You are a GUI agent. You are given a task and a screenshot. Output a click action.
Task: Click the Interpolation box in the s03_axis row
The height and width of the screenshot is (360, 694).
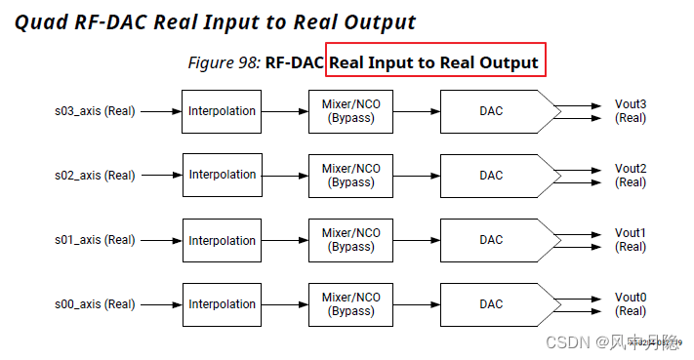pos(222,111)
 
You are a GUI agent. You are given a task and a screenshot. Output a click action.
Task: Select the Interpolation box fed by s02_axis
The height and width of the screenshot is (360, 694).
pos(222,176)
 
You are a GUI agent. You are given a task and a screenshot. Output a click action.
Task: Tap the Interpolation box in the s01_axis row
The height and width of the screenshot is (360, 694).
pos(222,240)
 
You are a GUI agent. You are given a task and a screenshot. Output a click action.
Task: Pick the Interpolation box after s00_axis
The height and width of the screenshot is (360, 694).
pos(222,304)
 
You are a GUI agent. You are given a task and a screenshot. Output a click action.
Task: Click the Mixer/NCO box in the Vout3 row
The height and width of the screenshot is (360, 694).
pos(350,111)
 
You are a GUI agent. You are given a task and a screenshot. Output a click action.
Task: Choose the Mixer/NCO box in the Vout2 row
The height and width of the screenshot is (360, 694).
pos(350,176)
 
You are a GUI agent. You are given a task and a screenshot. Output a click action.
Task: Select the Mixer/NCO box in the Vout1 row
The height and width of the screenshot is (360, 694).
pos(350,240)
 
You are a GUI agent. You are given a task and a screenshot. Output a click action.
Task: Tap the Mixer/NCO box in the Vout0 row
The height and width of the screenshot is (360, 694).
pos(350,304)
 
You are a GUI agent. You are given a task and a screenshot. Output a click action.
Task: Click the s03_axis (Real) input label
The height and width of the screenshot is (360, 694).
pos(94,111)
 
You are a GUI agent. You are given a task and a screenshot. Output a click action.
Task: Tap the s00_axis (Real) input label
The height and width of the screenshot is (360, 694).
pos(94,304)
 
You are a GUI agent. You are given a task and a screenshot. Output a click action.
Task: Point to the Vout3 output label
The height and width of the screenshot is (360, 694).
pos(631,104)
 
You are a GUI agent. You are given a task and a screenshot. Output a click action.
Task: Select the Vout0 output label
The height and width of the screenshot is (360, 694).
pos(631,298)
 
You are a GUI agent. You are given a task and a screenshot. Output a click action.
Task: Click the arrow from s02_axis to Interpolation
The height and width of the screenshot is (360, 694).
pos(160,176)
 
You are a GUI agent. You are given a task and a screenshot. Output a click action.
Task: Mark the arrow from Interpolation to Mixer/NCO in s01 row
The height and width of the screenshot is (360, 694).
pos(284,240)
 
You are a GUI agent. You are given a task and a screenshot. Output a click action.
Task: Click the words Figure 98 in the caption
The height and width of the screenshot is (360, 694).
pos(224,63)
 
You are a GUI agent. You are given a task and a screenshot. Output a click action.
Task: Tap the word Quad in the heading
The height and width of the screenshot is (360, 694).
pos(40,22)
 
